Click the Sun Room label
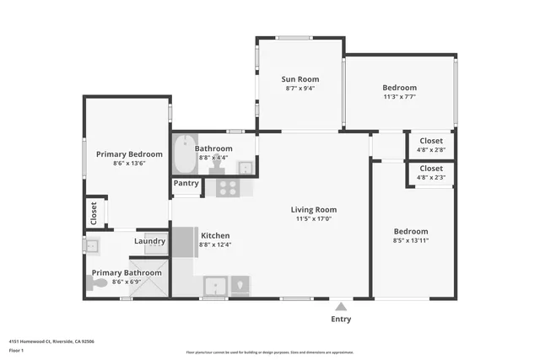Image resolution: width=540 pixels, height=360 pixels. (300, 79)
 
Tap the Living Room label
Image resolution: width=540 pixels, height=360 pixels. (314, 210)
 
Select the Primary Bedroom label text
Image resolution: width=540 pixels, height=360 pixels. (129, 154)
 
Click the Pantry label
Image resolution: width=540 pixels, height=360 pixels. (186, 183)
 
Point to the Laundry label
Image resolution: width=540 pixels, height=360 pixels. (150, 241)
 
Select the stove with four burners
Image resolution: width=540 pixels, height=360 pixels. (228, 188)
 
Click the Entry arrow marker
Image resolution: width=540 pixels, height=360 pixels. (340, 306)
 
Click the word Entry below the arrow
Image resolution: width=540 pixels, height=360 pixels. (340, 319)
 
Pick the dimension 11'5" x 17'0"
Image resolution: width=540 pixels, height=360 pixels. (314, 219)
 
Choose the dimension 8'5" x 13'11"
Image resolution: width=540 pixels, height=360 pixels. (411, 240)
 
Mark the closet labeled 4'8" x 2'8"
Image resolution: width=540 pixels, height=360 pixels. (431, 145)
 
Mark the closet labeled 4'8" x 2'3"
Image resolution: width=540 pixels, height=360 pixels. (431, 174)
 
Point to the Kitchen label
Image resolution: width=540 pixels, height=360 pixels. (215, 235)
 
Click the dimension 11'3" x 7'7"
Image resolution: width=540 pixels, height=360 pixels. (399, 96)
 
